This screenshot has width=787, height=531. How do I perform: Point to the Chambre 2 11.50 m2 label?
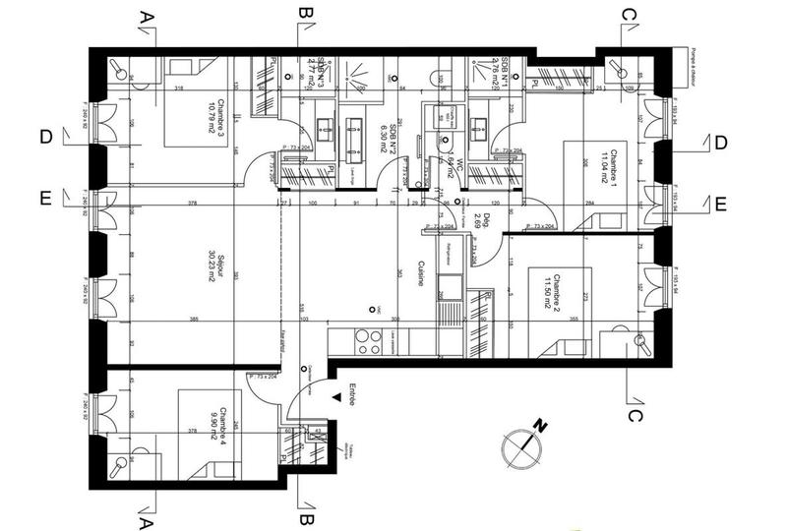tap(551, 290)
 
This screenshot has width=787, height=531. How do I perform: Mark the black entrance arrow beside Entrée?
tap(337, 397)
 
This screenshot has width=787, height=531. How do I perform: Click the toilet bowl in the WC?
tap(439, 118)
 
